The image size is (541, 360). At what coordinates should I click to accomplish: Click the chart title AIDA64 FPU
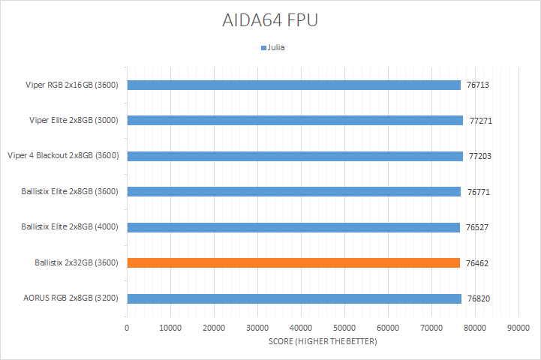click(x=270, y=20)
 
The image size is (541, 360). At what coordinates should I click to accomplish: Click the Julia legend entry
click(x=273, y=47)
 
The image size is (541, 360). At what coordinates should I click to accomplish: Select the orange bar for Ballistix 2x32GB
click(x=293, y=262)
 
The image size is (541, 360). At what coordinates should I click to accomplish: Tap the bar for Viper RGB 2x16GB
click(x=293, y=85)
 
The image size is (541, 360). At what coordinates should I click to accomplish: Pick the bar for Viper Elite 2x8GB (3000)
click(x=295, y=120)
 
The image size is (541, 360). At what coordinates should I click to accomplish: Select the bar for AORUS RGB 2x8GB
click(x=294, y=298)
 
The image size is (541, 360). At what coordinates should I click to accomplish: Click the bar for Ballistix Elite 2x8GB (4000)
click(x=293, y=227)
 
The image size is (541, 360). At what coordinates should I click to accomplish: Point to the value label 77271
click(x=479, y=120)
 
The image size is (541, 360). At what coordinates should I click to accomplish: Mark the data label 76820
click(x=478, y=298)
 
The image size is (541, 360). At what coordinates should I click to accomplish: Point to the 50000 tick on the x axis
click(x=344, y=328)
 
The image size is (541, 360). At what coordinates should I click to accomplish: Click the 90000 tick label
click(x=518, y=328)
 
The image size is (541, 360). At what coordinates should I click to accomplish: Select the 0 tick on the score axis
click(x=127, y=328)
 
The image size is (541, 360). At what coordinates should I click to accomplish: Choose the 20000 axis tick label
click(x=214, y=328)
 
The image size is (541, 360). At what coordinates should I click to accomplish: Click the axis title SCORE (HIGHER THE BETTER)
click(x=323, y=342)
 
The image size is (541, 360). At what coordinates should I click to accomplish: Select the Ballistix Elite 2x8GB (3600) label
click(x=71, y=191)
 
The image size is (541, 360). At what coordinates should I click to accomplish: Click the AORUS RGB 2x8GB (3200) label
click(x=72, y=298)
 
